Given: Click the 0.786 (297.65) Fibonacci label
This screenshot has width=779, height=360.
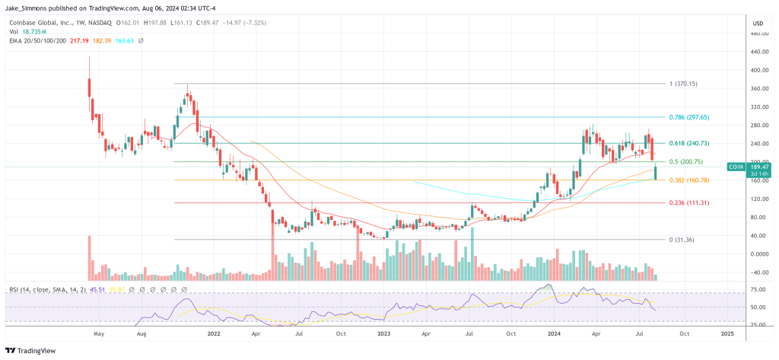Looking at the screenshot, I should [689, 117].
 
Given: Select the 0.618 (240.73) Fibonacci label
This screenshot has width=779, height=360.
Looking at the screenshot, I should [689, 143].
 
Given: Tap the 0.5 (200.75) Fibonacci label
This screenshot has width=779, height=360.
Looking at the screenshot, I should [687, 161].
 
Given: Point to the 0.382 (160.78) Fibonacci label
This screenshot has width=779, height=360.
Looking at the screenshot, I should [689, 180].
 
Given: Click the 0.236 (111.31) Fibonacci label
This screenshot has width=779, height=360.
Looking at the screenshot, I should [689, 203].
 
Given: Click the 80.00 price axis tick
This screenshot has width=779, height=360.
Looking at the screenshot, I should [757, 217].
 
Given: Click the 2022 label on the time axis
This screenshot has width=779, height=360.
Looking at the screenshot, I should [214, 334].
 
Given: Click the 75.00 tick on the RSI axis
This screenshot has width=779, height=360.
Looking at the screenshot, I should [757, 289].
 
